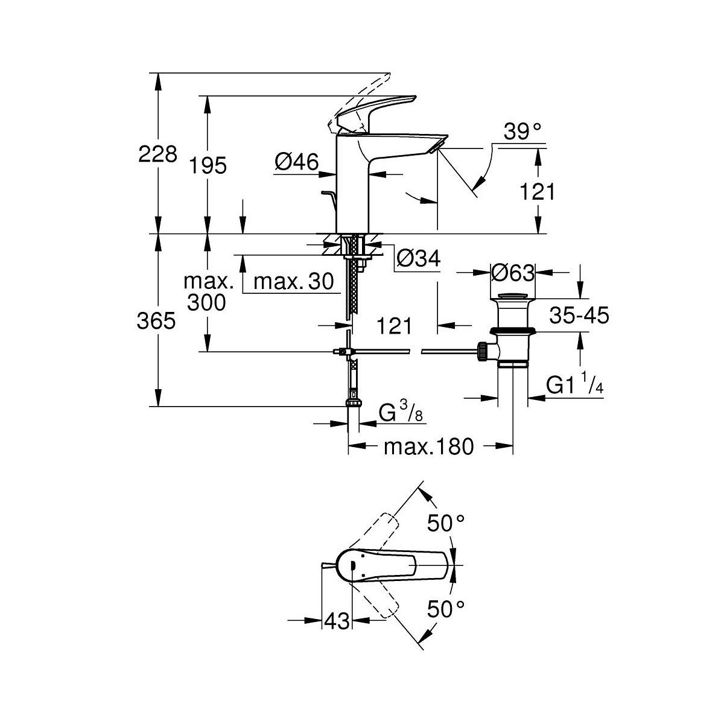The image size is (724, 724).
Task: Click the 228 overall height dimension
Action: pos(157,154)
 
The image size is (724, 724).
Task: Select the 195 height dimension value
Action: pos(208,166)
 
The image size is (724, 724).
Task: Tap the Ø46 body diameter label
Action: pos(296,162)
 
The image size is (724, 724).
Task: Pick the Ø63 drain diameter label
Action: pos(512,273)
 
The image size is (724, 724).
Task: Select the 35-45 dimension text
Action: pos(579,315)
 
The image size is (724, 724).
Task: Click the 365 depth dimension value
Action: pos(156,321)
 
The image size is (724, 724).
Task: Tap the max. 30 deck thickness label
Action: pos(294,281)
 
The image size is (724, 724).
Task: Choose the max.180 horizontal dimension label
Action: pos(429,447)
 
